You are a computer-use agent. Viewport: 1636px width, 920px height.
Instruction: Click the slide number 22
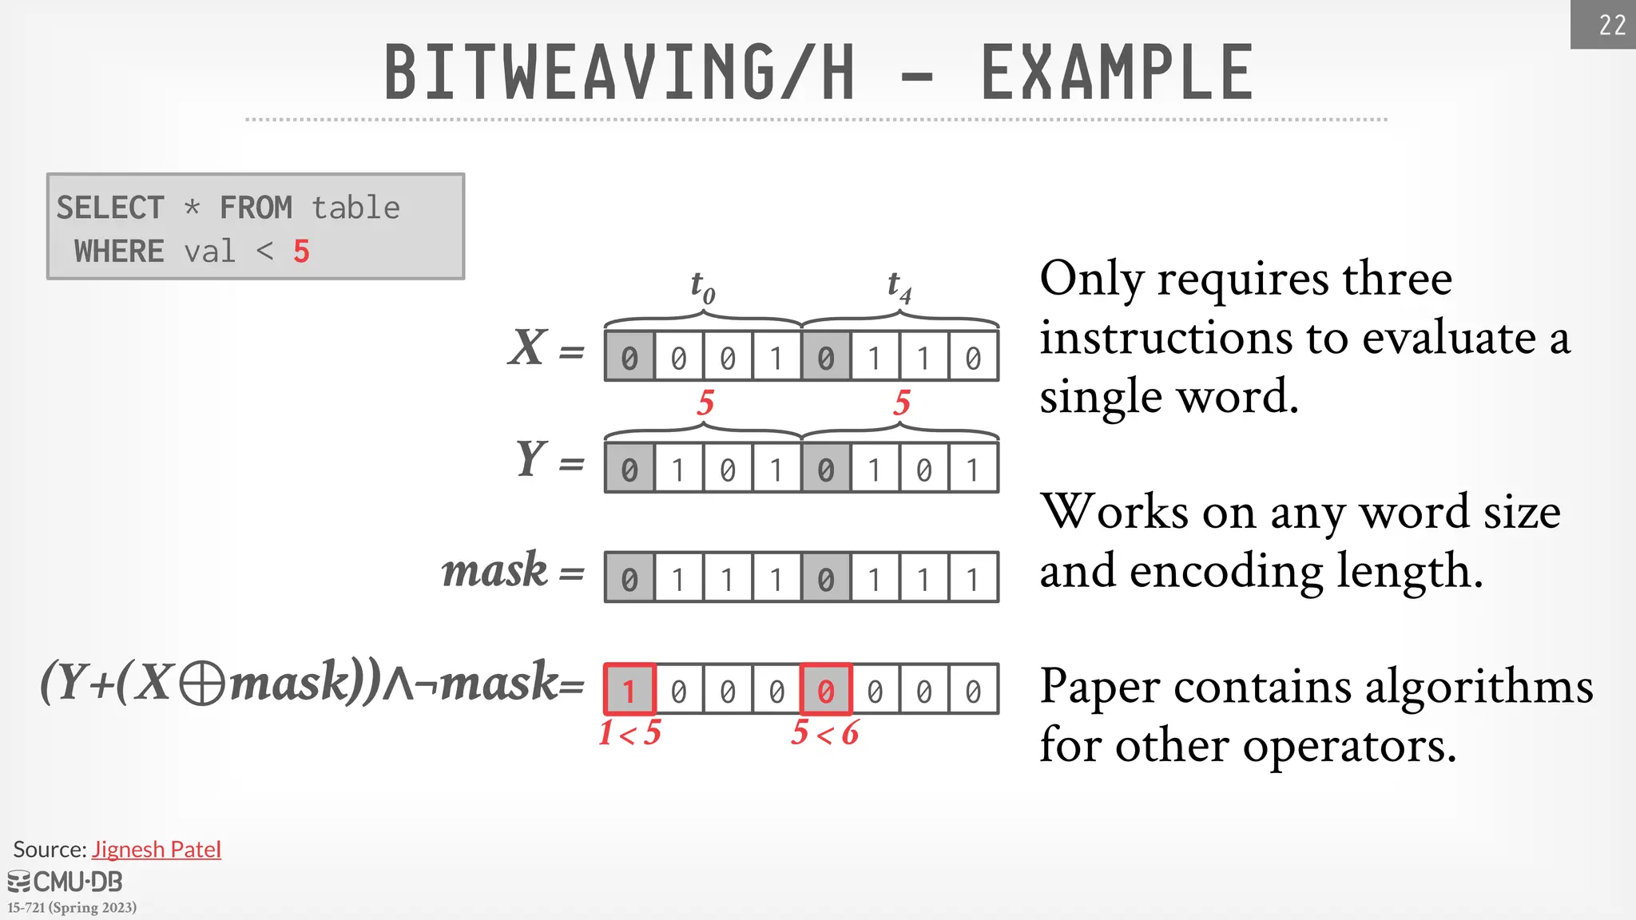pyautogui.click(x=1612, y=25)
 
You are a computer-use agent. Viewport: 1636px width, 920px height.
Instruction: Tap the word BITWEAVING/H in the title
pyautogui.click(x=619, y=73)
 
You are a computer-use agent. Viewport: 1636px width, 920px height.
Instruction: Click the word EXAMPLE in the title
pyautogui.click(x=1117, y=73)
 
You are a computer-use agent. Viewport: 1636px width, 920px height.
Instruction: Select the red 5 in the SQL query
pyautogui.click(x=301, y=252)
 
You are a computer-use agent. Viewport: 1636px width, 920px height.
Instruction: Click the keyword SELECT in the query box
pyautogui.click(x=110, y=208)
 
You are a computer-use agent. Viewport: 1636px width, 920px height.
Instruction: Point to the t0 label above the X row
pyautogui.click(x=702, y=286)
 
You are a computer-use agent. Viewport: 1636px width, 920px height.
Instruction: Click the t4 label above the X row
pyautogui.click(x=899, y=286)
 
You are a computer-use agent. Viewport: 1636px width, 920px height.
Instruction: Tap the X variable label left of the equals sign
pyautogui.click(x=528, y=348)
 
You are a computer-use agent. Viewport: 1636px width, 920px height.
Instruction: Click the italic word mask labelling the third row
pyautogui.click(x=494, y=571)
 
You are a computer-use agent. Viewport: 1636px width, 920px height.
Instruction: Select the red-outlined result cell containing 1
pyautogui.click(x=629, y=689)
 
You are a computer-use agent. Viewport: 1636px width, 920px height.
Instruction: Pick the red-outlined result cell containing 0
pyautogui.click(x=825, y=689)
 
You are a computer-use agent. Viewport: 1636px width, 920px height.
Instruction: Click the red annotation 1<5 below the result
pyautogui.click(x=629, y=733)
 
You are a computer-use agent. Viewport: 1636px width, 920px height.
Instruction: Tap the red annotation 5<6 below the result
pyautogui.click(x=824, y=733)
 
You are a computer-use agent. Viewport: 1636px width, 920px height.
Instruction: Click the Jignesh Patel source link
pyautogui.click(x=157, y=849)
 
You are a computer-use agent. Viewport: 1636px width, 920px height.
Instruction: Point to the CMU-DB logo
pyautogui.click(x=66, y=882)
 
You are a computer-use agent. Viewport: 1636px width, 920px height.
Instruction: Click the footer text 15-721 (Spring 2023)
pyautogui.click(x=72, y=907)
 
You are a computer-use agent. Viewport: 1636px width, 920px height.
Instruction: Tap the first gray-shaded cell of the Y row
pyautogui.click(x=629, y=469)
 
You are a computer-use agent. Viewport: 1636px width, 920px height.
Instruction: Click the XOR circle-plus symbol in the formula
pyautogui.click(x=201, y=685)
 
